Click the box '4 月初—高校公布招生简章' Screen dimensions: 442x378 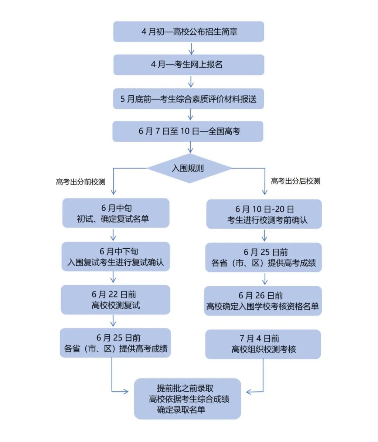[188, 31]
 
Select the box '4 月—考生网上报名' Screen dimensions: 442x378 [188, 65]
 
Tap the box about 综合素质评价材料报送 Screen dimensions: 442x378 [188, 99]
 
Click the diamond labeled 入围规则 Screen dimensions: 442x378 [189, 169]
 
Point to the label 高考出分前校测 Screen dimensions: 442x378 [81, 182]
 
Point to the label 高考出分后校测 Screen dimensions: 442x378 [295, 181]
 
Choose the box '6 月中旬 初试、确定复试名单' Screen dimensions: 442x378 [116, 213]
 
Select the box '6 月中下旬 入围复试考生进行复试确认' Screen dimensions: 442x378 [116, 257]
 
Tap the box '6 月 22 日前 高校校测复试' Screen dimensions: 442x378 [116, 300]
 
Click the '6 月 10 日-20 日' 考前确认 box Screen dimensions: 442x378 [264, 214]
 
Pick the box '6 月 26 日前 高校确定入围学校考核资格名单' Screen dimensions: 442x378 [263, 301]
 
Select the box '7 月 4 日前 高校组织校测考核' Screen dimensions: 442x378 [263, 344]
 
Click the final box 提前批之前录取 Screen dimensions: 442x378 [188, 399]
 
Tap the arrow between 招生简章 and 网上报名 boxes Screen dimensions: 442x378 [191, 48]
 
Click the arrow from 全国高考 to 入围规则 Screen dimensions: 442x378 [190, 148]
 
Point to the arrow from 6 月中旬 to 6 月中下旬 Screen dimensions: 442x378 [113, 235]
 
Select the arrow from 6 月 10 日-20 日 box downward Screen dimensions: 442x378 [264, 235]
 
